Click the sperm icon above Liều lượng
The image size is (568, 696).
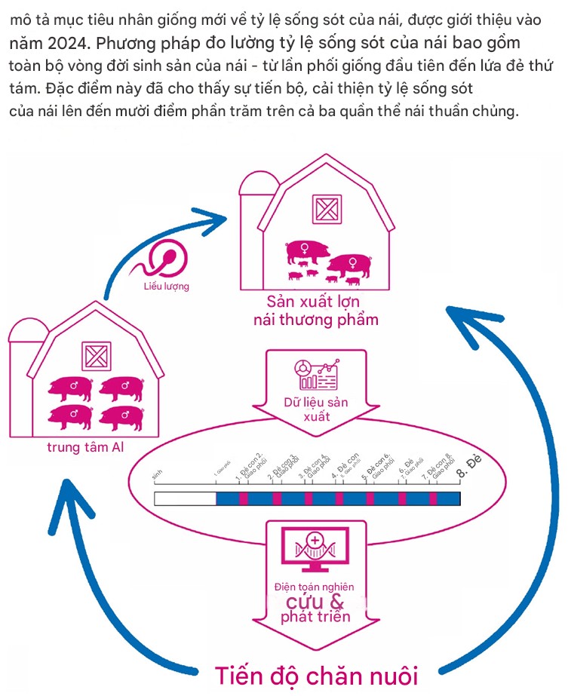pyautogui.click(x=167, y=260)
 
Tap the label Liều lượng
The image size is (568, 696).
pyautogui.click(x=167, y=287)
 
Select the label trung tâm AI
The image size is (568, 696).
pyautogui.click(x=86, y=447)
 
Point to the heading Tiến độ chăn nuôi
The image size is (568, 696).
pyautogui.click(x=315, y=674)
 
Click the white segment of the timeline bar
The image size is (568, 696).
pyautogui.click(x=185, y=498)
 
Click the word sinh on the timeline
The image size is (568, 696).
pyautogui.click(x=158, y=476)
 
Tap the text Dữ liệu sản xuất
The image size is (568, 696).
pyautogui.click(x=316, y=409)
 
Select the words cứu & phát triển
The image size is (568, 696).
pyautogui.click(x=315, y=609)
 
